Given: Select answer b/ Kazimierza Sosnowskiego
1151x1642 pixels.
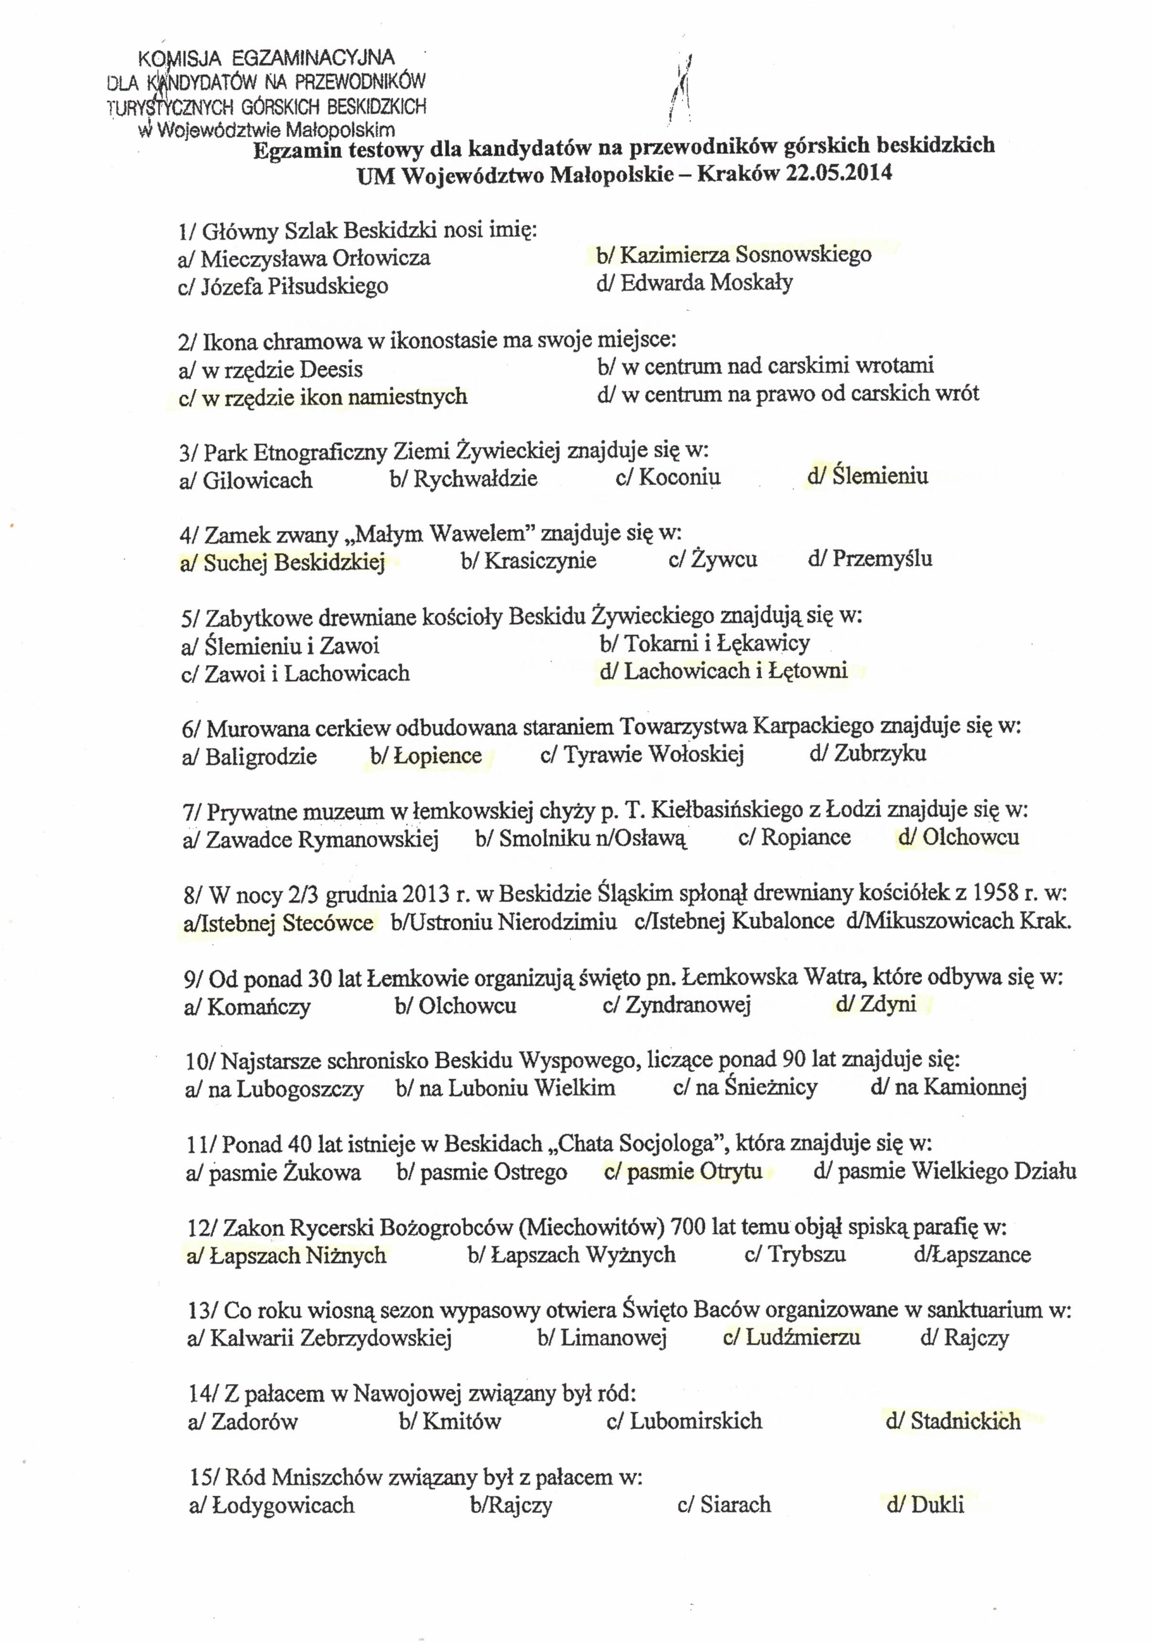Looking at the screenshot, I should pos(734,255).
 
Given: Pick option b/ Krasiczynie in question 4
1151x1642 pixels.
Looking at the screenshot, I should pos(528,560).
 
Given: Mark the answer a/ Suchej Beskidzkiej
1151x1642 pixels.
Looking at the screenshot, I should pos(282,563).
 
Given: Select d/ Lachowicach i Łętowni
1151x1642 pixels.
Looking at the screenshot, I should pos(724,671).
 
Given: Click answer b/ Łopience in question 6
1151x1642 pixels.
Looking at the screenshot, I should pos(426,756).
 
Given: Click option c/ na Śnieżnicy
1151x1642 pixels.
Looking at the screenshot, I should pos(745,1088).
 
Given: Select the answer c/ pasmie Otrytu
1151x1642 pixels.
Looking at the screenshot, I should pos(683,1171).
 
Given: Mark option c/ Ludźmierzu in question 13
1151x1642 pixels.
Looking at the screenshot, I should pos(791,1337).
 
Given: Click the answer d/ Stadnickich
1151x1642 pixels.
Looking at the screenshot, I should pos(953,1421).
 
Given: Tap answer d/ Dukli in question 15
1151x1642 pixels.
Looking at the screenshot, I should pos(925,1505).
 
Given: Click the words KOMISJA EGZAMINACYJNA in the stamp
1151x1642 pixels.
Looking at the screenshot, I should pos(265,57).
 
